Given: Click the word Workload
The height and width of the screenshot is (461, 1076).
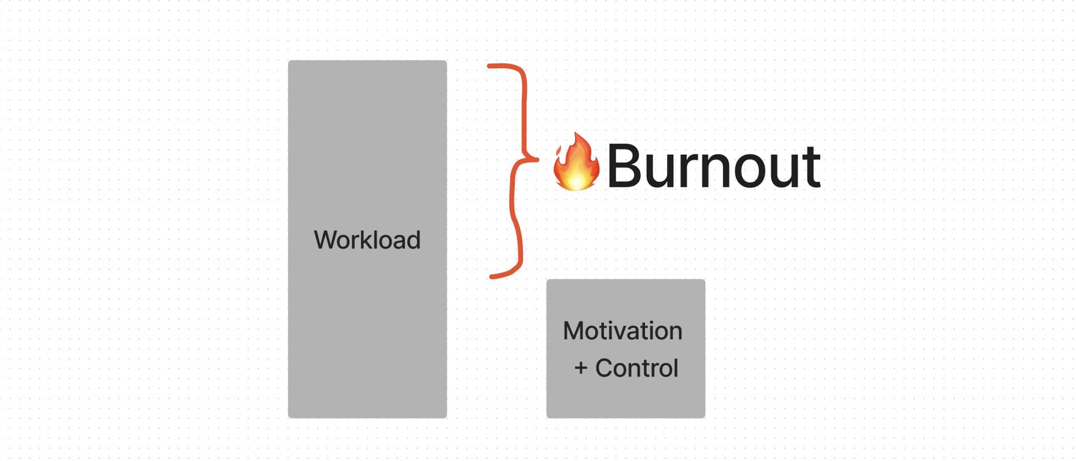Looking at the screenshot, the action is coord(367,240).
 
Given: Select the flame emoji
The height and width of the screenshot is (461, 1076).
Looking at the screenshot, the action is coord(576,162).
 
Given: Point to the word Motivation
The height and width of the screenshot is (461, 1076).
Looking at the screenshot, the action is coord(622,331).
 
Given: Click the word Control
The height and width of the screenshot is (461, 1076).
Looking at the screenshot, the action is coord(636,368).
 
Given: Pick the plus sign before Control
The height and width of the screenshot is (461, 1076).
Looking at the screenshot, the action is coord(581,368).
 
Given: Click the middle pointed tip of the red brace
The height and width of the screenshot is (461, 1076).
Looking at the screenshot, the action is coord(537,159).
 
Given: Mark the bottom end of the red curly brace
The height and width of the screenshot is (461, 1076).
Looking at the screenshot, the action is coord(492,276).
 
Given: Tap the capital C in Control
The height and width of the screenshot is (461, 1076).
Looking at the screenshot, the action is coord(605,368).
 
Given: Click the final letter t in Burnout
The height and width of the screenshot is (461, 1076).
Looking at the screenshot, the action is coord(810,167).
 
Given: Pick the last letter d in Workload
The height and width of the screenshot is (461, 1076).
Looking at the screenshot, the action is coord(412,240).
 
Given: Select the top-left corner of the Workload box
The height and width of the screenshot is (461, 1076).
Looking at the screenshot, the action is coord(289,61).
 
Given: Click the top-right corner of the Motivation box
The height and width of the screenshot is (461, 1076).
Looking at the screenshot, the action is coord(705,280).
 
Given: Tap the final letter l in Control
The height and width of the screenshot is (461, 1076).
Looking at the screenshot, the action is coord(676,368).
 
